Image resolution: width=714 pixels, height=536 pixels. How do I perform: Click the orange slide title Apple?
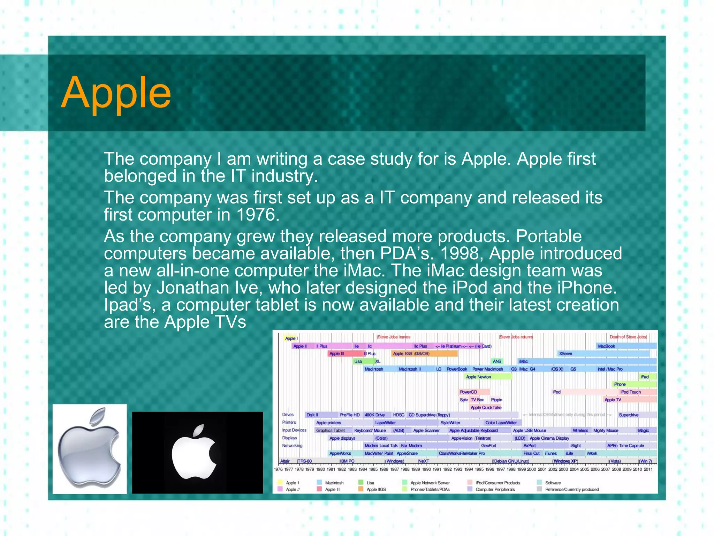click(116, 93)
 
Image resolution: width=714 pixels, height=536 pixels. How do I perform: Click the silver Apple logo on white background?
click(90, 449)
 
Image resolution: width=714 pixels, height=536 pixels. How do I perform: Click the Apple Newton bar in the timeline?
click(478, 377)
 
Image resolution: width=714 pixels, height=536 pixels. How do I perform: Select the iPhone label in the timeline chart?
click(620, 384)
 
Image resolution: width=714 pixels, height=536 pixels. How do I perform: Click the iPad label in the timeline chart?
click(645, 377)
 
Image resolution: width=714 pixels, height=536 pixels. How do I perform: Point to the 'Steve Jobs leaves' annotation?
click(394, 337)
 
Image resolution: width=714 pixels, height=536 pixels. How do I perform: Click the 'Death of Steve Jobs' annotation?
click(628, 337)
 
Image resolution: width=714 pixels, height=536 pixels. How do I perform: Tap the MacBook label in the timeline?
click(606, 346)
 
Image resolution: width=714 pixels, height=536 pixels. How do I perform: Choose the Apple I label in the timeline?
click(291, 338)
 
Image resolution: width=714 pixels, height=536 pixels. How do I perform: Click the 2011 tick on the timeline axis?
click(648, 469)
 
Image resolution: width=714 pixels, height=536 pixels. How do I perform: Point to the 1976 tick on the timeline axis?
click(278, 469)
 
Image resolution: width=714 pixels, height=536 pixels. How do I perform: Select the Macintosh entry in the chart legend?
click(334, 483)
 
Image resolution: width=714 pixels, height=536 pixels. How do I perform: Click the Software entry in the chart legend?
click(553, 483)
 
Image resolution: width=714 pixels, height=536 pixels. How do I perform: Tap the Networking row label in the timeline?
click(292, 446)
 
